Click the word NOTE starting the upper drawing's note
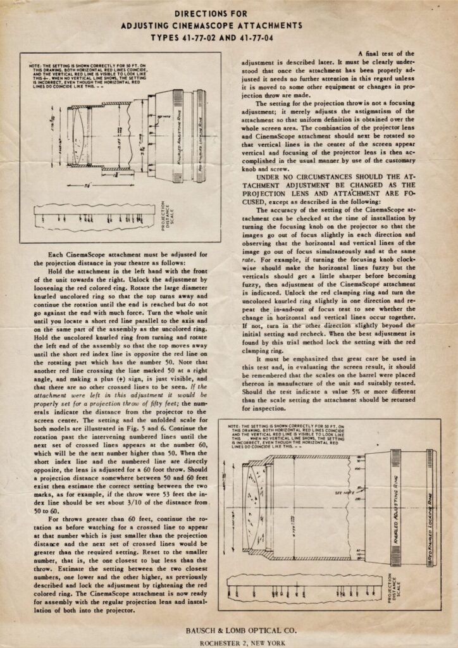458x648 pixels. point(35,66)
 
